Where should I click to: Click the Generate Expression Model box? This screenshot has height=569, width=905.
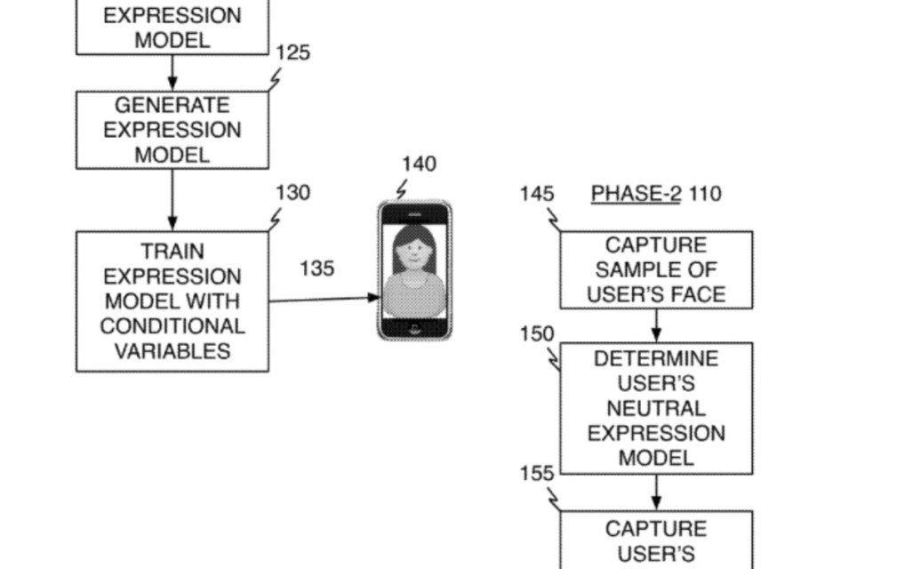pos(172,130)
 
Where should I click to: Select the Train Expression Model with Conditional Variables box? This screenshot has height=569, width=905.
pos(172,301)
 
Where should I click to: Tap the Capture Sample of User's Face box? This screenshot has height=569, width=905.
pos(656,269)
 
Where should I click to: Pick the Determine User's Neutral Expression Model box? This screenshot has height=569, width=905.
pos(656,408)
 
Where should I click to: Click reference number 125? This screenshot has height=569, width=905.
pos(292,53)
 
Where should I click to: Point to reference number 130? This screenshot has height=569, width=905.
pos(292,193)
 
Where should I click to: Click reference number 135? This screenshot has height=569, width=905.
pos(317,268)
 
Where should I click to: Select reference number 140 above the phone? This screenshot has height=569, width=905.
pos(419,164)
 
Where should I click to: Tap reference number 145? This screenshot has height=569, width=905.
pos(537,194)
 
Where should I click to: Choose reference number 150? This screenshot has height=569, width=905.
pos(537,334)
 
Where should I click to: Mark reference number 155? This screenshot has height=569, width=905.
pos(537,473)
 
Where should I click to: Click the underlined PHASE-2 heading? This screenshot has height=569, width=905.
pos(636,194)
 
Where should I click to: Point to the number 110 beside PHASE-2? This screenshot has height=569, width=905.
pos(705,194)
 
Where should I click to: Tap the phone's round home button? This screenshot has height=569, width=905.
pos(414,328)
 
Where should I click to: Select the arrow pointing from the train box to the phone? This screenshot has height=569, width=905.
pos(324,299)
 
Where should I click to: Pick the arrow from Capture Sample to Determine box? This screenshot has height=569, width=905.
pos(656,325)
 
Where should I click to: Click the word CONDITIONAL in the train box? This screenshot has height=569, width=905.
pos(172,325)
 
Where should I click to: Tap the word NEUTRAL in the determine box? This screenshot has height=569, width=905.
pos(656,409)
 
